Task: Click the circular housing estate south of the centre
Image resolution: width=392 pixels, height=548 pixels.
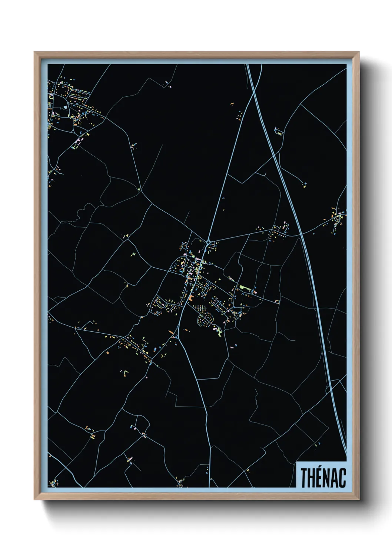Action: [205, 318]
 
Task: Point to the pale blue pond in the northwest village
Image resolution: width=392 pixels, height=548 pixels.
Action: [66, 107]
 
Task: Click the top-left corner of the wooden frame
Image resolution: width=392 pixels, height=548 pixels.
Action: [35, 53]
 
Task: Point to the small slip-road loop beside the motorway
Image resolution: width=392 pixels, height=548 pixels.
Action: [328, 390]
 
